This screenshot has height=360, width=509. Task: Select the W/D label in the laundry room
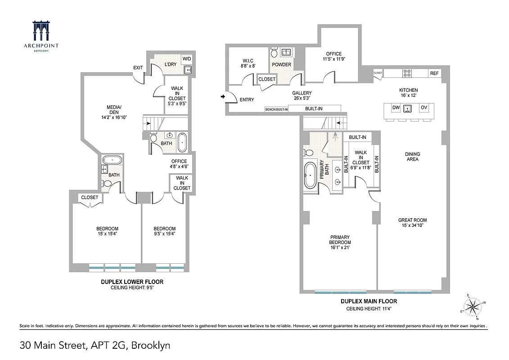[x=186, y=59]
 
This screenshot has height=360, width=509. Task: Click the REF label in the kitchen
[x=434, y=73]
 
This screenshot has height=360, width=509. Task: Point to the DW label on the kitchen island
[x=396, y=108]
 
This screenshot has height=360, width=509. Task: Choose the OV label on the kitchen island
[x=423, y=108]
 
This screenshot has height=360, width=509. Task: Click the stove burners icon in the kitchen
[x=408, y=73]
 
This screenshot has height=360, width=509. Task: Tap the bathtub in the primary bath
[x=310, y=175]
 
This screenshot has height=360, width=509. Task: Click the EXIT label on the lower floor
[x=138, y=68]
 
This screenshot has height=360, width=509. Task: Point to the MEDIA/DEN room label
[x=114, y=110]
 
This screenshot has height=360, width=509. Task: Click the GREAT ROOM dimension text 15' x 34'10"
[x=412, y=225]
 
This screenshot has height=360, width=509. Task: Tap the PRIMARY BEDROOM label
[x=340, y=240]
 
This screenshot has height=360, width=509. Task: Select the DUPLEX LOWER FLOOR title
[x=131, y=282]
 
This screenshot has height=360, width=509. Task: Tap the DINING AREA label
[x=412, y=156]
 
